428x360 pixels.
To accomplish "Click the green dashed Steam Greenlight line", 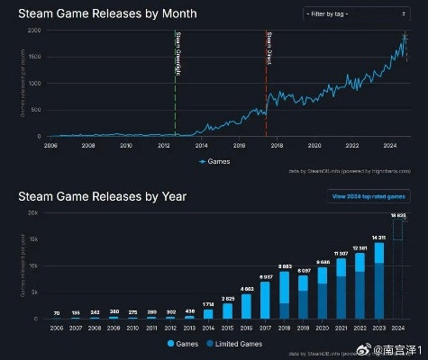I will [x=175, y=81].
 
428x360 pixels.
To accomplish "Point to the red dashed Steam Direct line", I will [x=267, y=81].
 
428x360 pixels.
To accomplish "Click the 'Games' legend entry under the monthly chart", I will [x=216, y=161].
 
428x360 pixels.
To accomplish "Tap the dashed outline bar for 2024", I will [x=398, y=270].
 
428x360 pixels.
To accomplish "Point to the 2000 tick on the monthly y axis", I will [x=34, y=31].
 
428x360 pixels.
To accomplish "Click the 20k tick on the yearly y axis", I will [x=32, y=212].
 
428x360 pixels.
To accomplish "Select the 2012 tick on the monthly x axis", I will [x=164, y=144].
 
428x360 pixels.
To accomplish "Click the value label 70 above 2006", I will [x=56, y=313].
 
